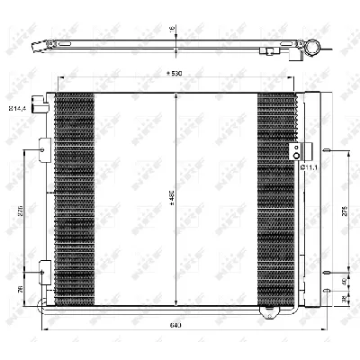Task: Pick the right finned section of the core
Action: (x=275, y=198)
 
